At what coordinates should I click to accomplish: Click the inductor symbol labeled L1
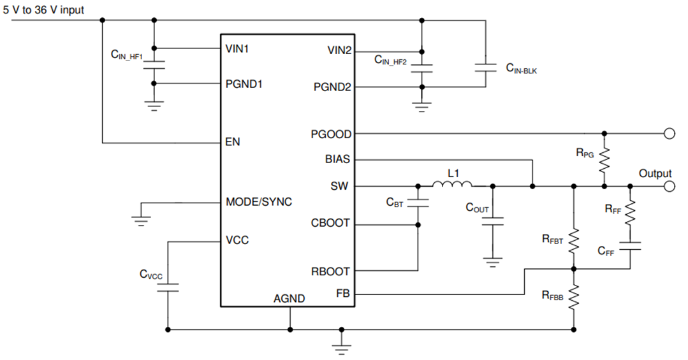pos(452,185)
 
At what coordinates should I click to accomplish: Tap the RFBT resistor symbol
pos(574,240)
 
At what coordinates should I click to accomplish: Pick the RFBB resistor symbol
pos(574,296)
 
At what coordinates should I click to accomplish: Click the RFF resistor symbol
pos(630,213)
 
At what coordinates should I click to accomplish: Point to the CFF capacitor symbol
pos(630,246)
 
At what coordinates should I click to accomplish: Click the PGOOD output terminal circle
pos(669,134)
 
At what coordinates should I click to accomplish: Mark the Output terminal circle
pos(669,186)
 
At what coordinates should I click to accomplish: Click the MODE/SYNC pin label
pos(259,202)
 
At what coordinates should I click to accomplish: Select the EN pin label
pos(233,141)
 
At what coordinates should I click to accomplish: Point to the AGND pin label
pos(289,298)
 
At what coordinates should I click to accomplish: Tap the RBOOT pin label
pos(330,271)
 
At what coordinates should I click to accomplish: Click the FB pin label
pos(342,294)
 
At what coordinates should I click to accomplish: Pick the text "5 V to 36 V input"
pos(43,10)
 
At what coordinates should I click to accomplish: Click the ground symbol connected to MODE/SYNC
pos(141,220)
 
